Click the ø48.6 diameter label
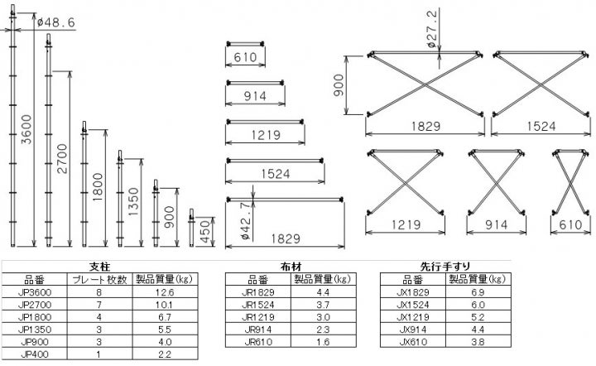click(56, 23)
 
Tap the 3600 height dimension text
click(26, 130)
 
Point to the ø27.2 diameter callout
click(432, 29)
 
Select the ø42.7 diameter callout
click(246, 221)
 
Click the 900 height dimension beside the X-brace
click(339, 85)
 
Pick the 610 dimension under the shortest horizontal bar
click(245, 57)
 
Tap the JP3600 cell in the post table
click(35, 292)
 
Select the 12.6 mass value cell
click(165, 292)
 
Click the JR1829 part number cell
click(257, 292)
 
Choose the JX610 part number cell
click(413, 342)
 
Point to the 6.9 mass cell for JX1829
click(478, 292)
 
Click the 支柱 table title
click(99, 267)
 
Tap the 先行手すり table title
click(445, 267)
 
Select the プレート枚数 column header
click(99, 280)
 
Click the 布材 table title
click(291, 267)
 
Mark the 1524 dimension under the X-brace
click(541, 126)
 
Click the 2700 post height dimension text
click(62, 158)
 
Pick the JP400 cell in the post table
click(35, 354)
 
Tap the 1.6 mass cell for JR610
click(323, 342)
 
